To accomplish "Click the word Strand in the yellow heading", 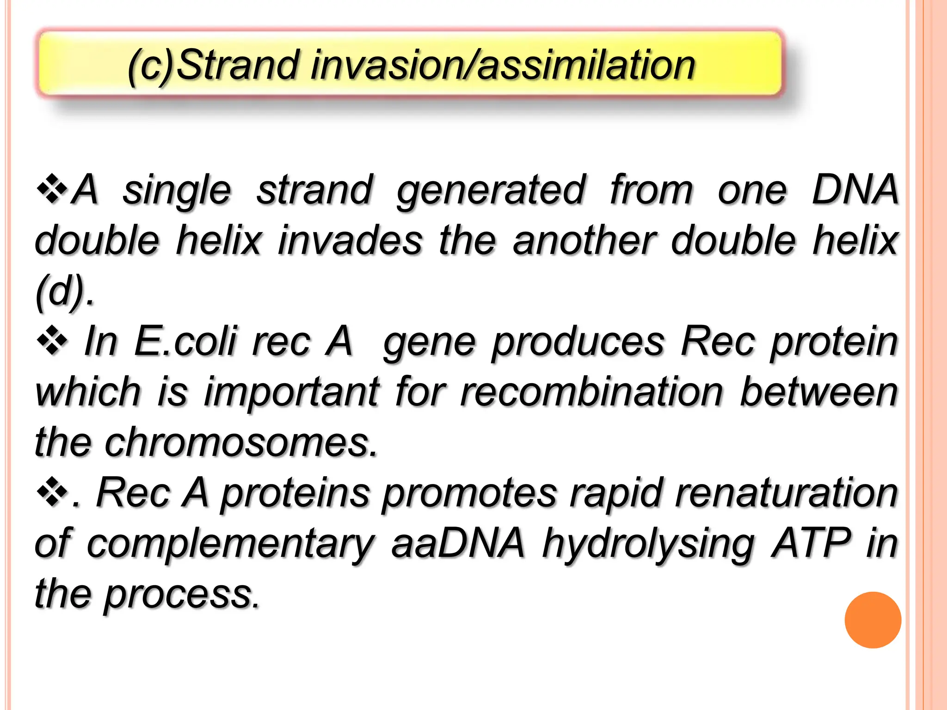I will click(x=236, y=66).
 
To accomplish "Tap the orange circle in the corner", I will click(x=873, y=620).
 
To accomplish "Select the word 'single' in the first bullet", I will click(x=177, y=190).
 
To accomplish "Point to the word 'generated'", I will click(x=492, y=190).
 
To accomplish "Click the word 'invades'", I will click(x=350, y=240).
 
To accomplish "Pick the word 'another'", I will click(x=584, y=240).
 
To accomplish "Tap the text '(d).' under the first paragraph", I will click(x=65, y=291).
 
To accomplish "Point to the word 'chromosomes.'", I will click(x=241, y=442).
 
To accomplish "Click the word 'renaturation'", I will click(x=786, y=493).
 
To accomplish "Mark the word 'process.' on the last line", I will click(x=182, y=594).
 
